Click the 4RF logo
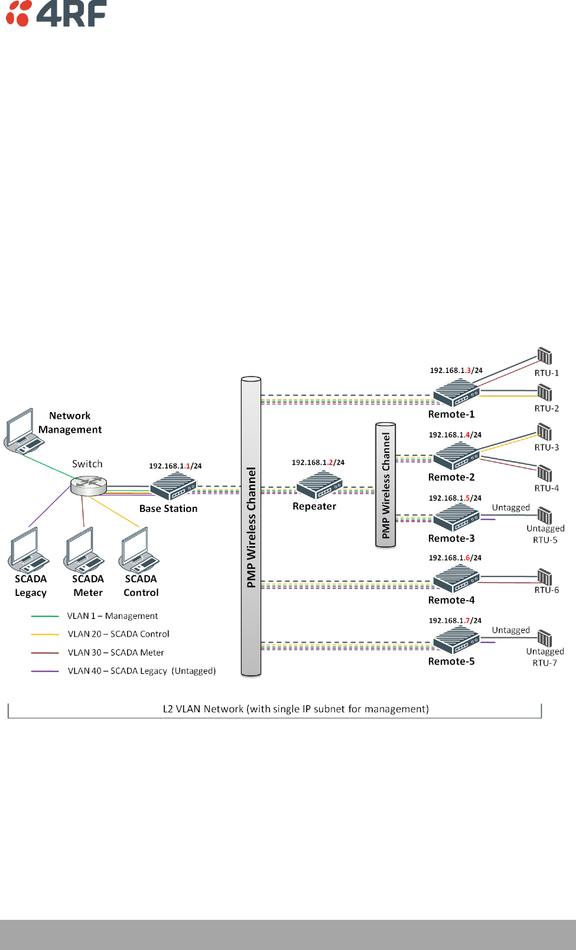click(x=56, y=13)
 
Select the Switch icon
click(x=89, y=485)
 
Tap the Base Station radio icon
click(x=173, y=486)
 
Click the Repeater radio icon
click(x=320, y=485)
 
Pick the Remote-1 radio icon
click(x=456, y=393)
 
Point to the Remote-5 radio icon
click(x=456, y=640)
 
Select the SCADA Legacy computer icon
click(x=28, y=550)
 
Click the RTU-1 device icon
click(x=545, y=356)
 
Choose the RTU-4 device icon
click(x=545, y=474)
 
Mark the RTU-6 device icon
click(x=545, y=577)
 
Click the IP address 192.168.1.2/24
click(x=318, y=462)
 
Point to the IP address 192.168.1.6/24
click(x=455, y=557)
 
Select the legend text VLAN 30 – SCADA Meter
click(x=116, y=652)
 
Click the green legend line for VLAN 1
click(x=45, y=616)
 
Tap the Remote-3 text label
click(x=451, y=538)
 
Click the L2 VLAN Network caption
click(x=296, y=709)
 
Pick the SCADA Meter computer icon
click(x=84, y=550)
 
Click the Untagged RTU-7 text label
click(x=545, y=657)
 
